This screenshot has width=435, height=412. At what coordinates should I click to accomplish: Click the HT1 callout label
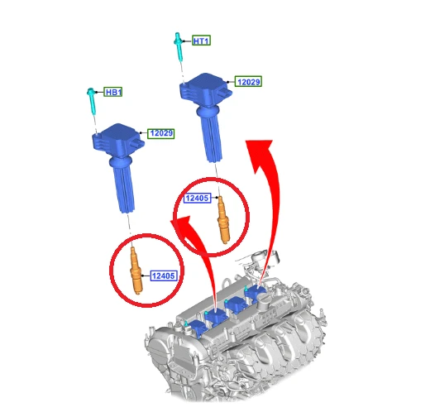click(x=202, y=41)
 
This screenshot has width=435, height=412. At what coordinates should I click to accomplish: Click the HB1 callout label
click(x=113, y=92)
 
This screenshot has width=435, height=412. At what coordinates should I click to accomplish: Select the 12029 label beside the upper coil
click(x=248, y=82)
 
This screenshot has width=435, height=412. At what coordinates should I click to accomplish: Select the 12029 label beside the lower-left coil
click(x=161, y=133)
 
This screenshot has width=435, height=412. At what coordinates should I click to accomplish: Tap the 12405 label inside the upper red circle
click(x=198, y=198)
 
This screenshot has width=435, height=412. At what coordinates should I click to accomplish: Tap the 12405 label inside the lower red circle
click(x=164, y=275)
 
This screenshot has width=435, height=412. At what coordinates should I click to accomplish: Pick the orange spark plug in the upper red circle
click(x=222, y=220)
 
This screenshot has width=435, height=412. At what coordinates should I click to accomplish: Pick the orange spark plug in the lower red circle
click(x=136, y=271)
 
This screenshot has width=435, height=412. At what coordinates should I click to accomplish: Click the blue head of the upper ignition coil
click(x=204, y=89)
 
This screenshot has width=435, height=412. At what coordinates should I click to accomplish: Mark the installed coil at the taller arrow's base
click(x=256, y=293)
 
